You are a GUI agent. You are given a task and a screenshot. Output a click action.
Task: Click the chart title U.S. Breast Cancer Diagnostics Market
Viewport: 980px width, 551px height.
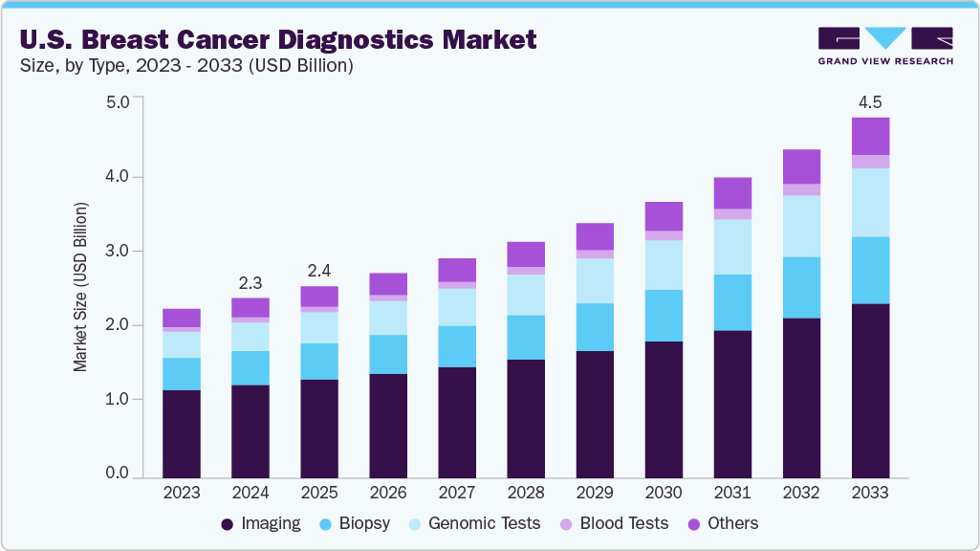tap(277, 39)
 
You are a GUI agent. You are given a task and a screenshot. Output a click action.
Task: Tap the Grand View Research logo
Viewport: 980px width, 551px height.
tap(885, 46)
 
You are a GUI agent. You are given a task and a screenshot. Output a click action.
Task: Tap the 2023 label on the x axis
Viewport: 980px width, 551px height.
tap(182, 493)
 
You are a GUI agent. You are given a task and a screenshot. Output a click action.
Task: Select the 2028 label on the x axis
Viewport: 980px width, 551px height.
tap(526, 493)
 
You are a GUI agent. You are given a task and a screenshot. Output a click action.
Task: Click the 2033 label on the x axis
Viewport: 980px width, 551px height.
tap(870, 493)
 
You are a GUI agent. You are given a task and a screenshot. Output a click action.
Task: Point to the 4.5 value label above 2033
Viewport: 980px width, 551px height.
tap(870, 101)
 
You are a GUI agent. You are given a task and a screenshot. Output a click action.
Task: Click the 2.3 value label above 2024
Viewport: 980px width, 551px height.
tap(250, 282)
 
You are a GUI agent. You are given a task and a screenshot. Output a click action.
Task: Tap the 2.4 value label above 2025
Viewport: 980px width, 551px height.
tap(319, 271)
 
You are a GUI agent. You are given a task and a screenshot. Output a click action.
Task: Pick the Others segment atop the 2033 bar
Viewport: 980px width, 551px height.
tap(870, 136)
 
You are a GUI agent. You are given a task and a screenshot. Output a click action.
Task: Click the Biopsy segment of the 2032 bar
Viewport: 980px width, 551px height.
tap(801, 287)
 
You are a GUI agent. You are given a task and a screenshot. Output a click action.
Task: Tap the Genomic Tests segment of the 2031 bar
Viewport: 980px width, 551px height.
tap(732, 247)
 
